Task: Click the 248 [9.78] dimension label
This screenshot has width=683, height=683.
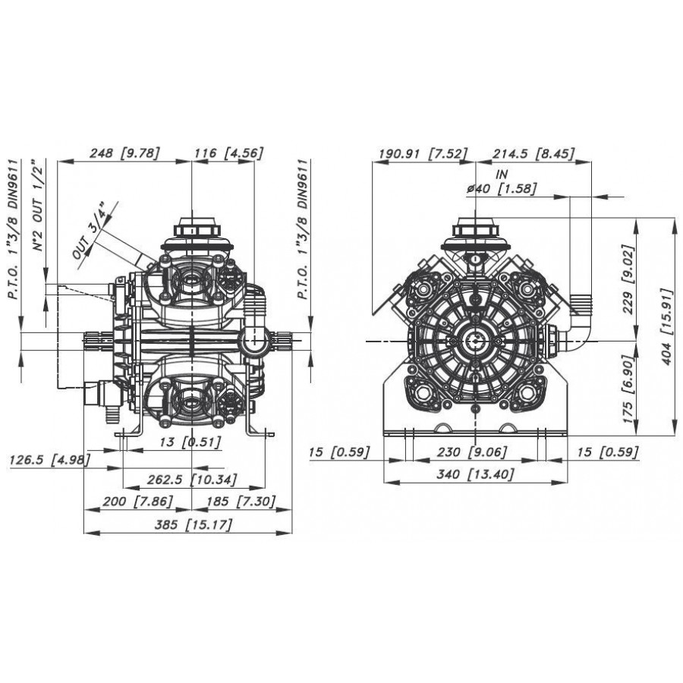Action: click(124, 153)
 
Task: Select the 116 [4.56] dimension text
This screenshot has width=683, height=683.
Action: click(228, 153)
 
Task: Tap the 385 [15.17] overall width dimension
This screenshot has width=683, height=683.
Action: click(194, 524)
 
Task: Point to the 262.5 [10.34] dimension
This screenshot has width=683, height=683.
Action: click(192, 480)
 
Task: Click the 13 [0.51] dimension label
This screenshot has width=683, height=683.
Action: click(190, 442)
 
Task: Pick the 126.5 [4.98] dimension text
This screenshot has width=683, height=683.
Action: click(49, 460)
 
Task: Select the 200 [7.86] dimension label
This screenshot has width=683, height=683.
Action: click(137, 502)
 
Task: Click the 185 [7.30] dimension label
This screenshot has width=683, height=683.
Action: click(241, 502)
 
